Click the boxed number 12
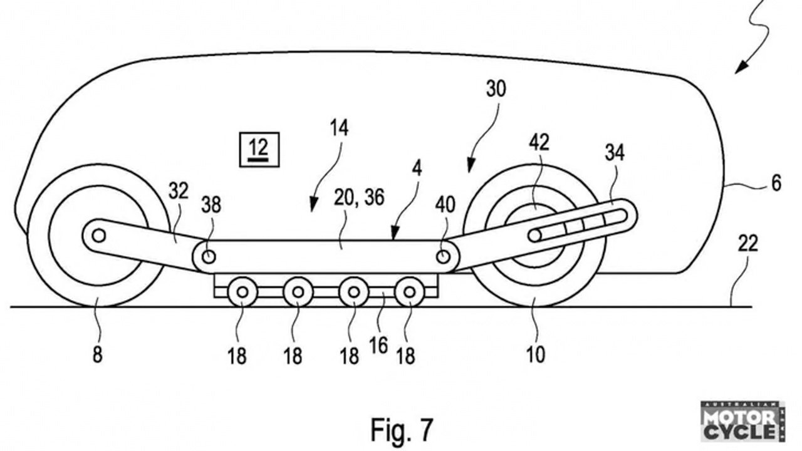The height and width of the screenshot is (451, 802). click(x=259, y=150)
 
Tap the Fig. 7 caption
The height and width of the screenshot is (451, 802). click(x=402, y=430)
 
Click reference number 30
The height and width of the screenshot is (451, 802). click(x=496, y=89)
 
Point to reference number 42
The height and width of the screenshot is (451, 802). click(x=539, y=142)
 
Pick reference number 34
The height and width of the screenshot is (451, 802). click(x=615, y=153)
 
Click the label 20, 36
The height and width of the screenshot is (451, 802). click(x=359, y=197)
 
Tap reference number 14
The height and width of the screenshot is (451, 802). click(x=339, y=128)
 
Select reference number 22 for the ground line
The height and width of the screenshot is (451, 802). click(x=748, y=244)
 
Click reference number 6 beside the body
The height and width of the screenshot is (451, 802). click(x=776, y=184)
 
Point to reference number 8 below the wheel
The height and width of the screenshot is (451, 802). click(x=97, y=355)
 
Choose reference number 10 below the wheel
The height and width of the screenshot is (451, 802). click(x=536, y=355)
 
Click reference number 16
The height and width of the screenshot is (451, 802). click(x=378, y=346)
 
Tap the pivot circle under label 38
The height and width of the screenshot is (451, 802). click(x=209, y=257)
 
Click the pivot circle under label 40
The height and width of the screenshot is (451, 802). click(x=443, y=257)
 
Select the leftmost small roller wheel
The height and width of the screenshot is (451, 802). click(x=242, y=292)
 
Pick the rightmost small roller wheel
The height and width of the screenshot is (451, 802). click(x=410, y=292)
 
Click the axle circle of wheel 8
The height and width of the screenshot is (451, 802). click(x=99, y=236)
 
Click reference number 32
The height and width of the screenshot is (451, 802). click(x=179, y=192)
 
